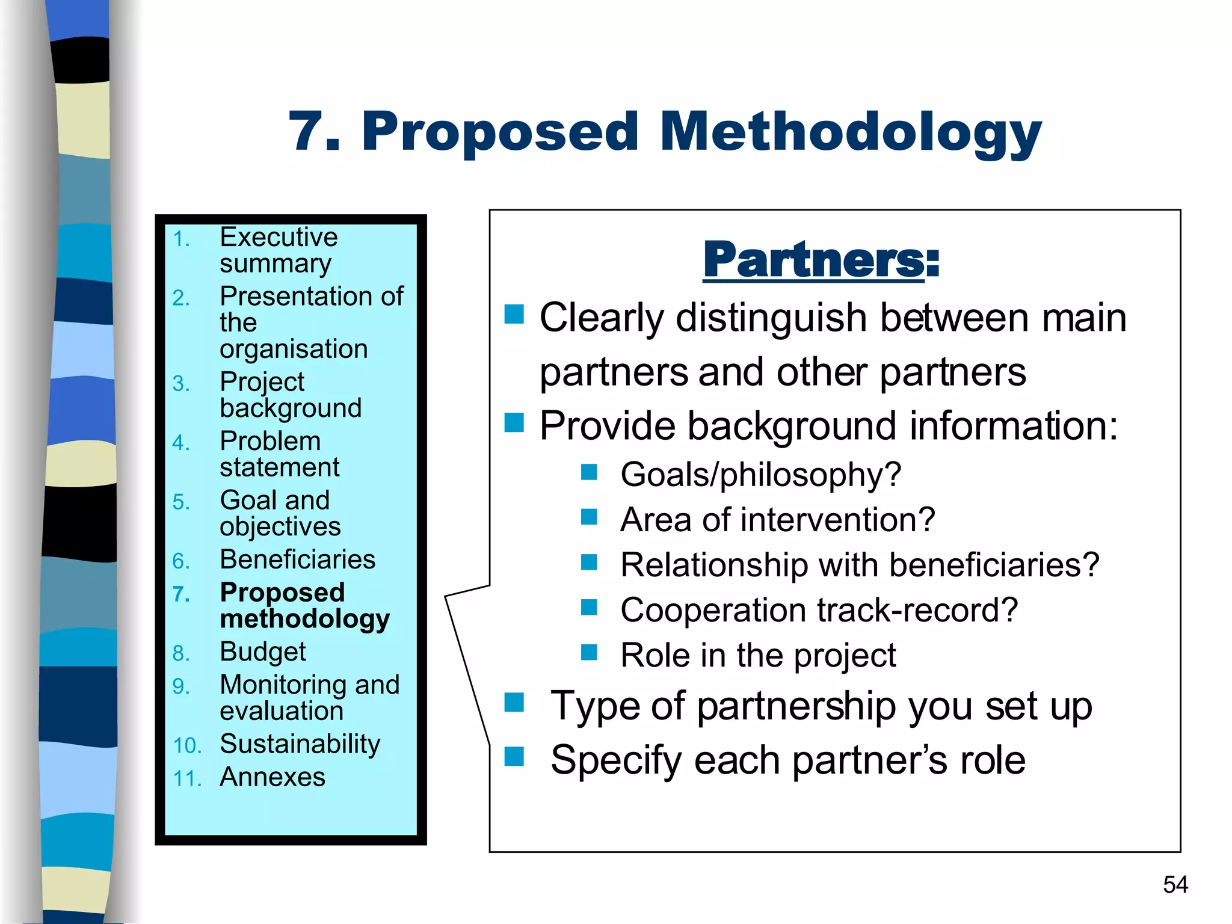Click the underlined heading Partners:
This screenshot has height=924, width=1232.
[x=821, y=260]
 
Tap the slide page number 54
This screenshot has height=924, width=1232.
[x=1175, y=884]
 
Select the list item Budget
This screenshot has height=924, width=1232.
[x=263, y=651]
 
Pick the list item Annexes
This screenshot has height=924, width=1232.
[x=273, y=777]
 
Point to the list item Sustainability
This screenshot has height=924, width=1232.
[x=300, y=744]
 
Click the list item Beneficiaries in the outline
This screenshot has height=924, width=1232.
[x=298, y=559]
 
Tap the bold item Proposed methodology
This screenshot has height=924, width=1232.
[x=304, y=605]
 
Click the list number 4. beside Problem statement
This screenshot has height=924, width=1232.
[x=181, y=443]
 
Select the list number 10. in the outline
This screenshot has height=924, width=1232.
[x=187, y=746]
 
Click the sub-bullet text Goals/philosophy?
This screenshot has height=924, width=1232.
[x=760, y=474]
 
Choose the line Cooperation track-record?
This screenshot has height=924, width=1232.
[x=819, y=610]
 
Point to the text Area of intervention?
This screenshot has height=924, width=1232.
[x=777, y=519]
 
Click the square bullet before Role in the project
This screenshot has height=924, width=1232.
[x=589, y=652]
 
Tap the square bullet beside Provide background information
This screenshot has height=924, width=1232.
[x=514, y=422]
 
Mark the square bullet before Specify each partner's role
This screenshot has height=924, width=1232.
[x=514, y=756]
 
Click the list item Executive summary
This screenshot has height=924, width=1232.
[x=278, y=250]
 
